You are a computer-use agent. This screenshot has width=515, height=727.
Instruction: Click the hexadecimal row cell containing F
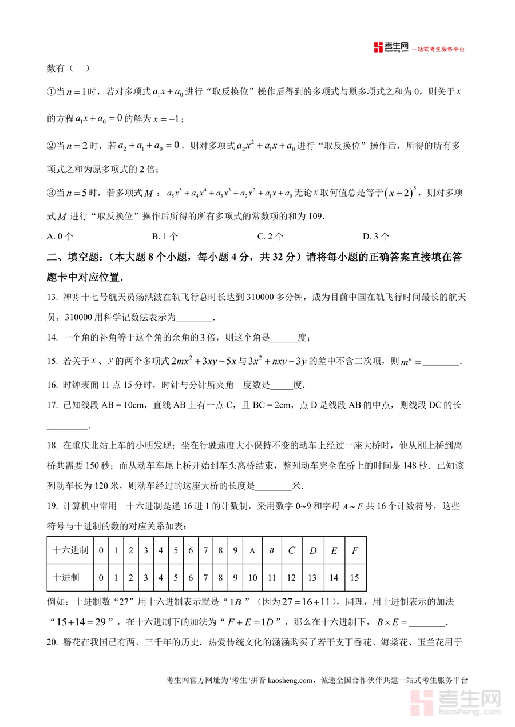[x=355, y=550]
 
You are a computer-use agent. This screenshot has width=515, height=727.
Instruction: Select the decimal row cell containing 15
[x=355, y=578]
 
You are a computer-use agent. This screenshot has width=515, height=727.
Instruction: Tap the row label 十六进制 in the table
[x=70, y=550]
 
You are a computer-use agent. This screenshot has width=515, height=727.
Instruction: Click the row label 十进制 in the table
[x=66, y=578]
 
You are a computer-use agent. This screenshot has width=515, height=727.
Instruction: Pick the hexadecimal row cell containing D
[x=312, y=550]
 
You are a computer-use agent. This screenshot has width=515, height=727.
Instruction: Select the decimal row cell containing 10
[x=252, y=578]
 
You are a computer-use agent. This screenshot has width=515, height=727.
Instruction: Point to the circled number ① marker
[x=51, y=91]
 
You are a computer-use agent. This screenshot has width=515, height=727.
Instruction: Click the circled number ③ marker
[x=51, y=194]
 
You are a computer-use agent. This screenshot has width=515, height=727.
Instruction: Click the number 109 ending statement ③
[x=315, y=216]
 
